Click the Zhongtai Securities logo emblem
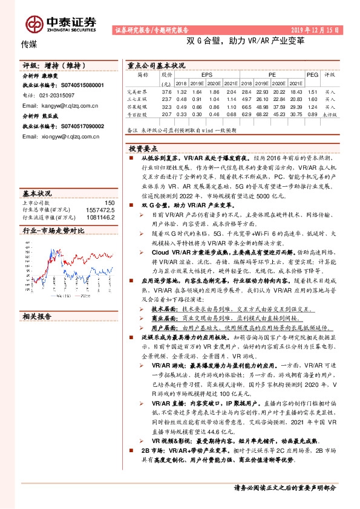(33, 24)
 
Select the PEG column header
(312, 74)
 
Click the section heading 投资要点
(143, 148)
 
